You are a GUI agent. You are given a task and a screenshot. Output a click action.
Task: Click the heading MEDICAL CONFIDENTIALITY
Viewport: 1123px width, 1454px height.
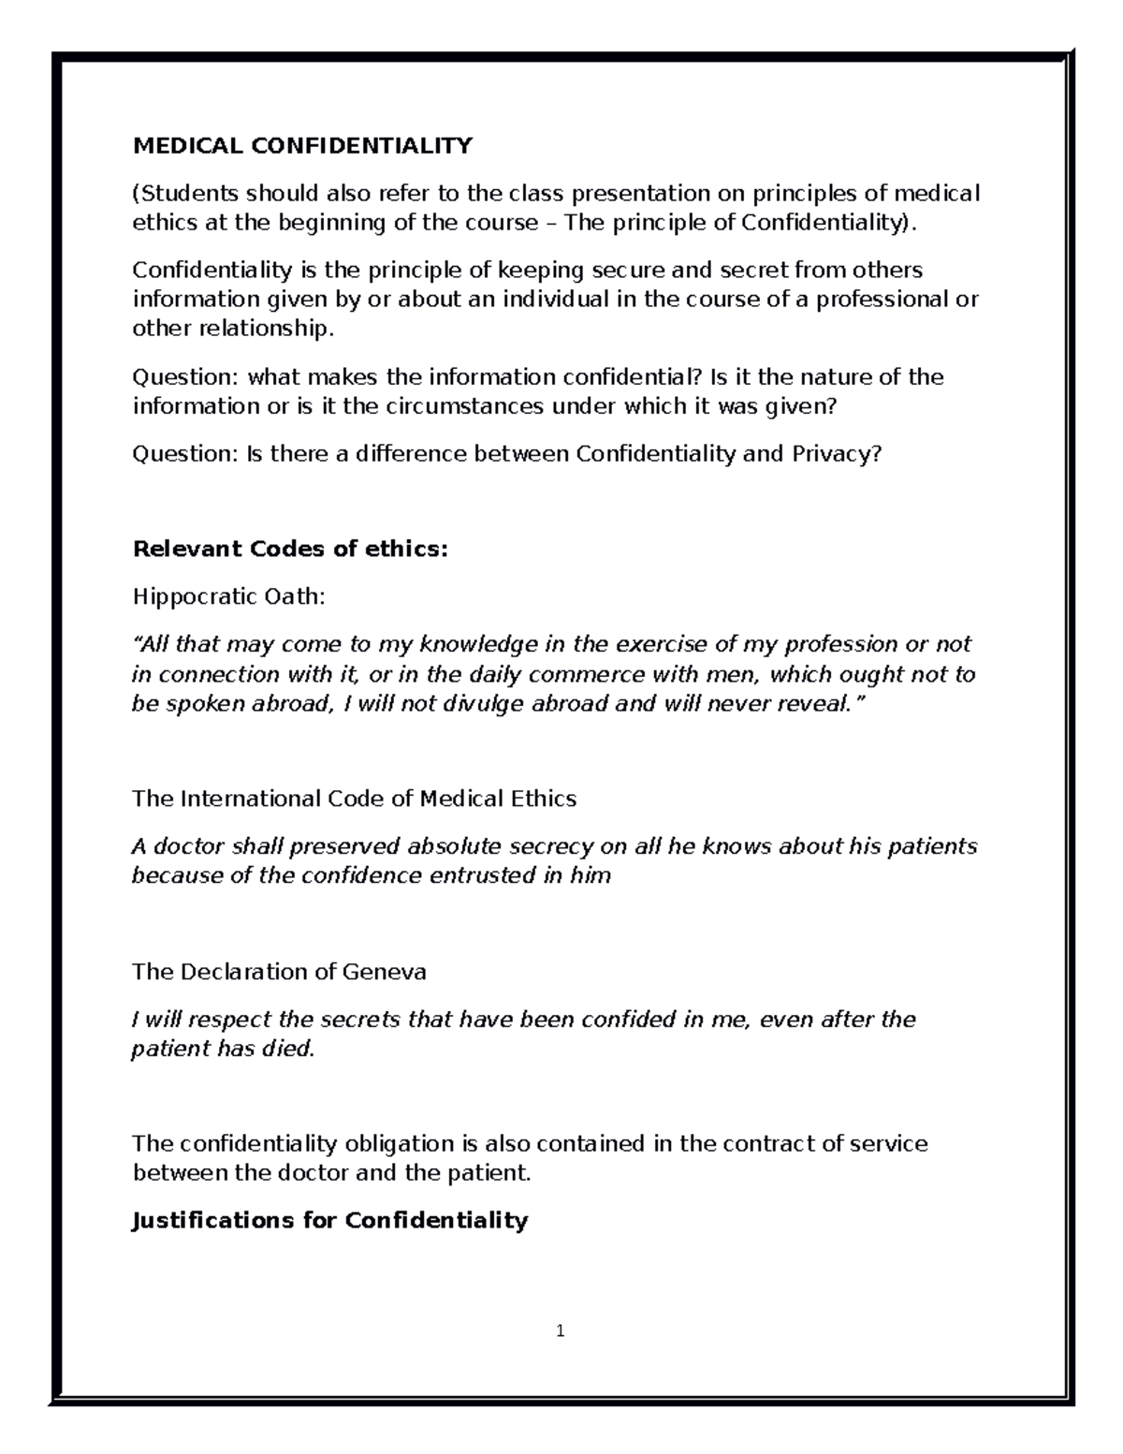[302, 146]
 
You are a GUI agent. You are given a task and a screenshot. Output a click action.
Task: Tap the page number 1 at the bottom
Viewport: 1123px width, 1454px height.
[560, 1330]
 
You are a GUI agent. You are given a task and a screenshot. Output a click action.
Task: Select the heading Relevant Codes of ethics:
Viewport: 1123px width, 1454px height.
[290, 549]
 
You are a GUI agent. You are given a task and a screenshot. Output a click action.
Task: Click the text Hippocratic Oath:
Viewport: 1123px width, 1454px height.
[228, 596]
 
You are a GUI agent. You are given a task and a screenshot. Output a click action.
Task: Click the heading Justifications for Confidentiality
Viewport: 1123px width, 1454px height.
[330, 1221]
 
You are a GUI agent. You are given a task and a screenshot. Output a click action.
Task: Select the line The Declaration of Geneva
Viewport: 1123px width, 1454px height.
[279, 972]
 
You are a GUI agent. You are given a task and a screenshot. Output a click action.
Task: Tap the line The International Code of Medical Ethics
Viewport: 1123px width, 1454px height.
[354, 799]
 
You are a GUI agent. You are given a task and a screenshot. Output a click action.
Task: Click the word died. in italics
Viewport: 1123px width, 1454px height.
[288, 1049]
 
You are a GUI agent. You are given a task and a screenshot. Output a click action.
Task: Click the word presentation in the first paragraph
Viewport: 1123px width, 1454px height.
[641, 194]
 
